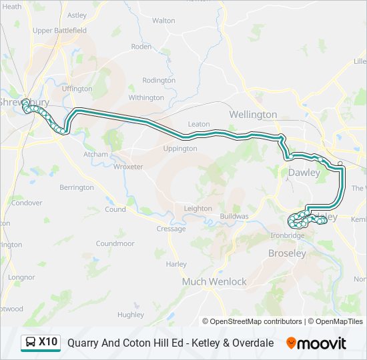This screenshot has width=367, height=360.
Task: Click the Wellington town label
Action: coord(253,115)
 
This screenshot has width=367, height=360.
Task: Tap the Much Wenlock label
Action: coord(214,282)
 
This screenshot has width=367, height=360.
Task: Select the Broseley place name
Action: coord(287,253)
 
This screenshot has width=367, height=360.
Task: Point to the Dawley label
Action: coord(304,173)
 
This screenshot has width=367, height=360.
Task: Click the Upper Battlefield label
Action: coord(60,31)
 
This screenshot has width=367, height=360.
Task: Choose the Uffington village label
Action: coord(77,89)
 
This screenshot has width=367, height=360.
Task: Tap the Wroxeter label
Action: coord(128,167)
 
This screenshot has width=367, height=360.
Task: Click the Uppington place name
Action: coord(180,149)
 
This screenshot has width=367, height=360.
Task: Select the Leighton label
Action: coord(198,209)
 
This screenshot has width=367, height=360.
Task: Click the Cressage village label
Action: coord(171,229)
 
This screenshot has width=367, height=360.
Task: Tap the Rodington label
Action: coord(159,81)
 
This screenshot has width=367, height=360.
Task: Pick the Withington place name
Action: coord(146,97)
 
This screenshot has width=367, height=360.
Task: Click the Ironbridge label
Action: coord(288,235)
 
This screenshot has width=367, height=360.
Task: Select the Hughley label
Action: coord(130,315)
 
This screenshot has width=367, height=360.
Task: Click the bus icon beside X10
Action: coord(31,343)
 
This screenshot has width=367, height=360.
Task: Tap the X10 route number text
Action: coord(48,343)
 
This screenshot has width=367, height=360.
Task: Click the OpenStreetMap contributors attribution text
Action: coord(256,321)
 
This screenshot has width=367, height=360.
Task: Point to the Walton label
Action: coord(163,21)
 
